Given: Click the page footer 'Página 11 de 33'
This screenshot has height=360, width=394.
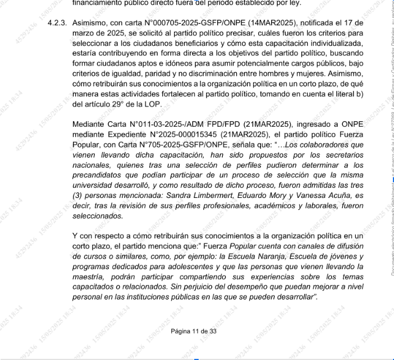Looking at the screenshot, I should pyautogui.click(x=194, y=331).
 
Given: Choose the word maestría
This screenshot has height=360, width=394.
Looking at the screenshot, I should pyautogui.click(x=90, y=278).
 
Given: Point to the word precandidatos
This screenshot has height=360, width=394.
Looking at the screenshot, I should pyautogui.click(x=99, y=176).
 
